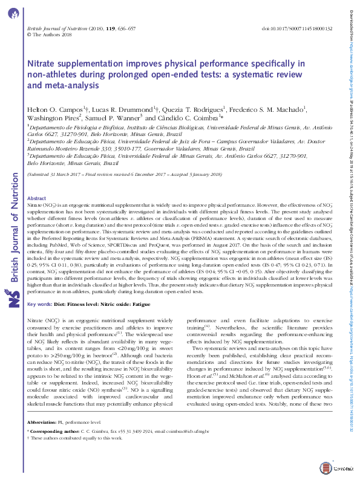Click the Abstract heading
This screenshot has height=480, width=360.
click(37, 198)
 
